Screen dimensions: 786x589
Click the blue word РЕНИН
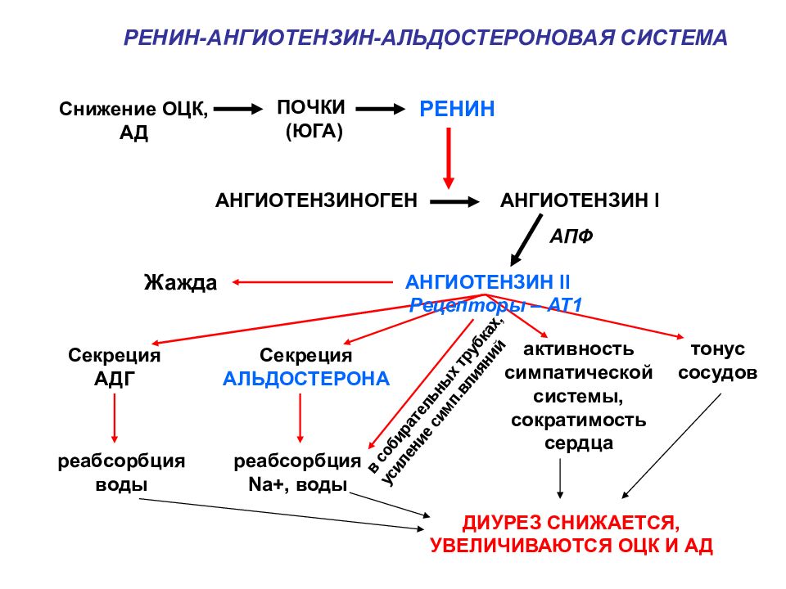click(x=457, y=109)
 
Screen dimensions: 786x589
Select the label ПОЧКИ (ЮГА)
click(x=311, y=119)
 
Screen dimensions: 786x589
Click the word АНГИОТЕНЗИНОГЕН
click(x=316, y=200)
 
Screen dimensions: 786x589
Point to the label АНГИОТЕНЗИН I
click(x=580, y=200)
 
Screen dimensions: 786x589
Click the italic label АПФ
click(x=571, y=236)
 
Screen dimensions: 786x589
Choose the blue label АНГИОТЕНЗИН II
click(x=488, y=282)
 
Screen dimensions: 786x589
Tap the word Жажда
click(x=180, y=282)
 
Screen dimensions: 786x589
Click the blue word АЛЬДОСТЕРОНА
click(x=306, y=379)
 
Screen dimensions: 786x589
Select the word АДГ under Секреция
click(x=115, y=379)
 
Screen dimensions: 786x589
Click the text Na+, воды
click(x=298, y=484)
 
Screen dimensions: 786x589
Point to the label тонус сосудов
click(x=717, y=361)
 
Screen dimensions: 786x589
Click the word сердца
click(x=579, y=443)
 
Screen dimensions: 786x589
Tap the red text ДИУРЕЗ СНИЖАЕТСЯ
click(x=571, y=523)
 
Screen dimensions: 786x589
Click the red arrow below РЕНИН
click(x=449, y=158)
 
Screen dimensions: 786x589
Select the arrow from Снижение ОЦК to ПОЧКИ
click(x=238, y=109)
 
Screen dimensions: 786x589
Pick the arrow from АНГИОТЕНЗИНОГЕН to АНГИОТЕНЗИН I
click(x=455, y=202)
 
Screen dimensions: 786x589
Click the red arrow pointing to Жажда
click(x=312, y=282)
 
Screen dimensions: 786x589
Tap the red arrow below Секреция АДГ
click(x=115, y=418)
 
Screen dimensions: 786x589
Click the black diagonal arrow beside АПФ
click(x=526, y=241)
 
